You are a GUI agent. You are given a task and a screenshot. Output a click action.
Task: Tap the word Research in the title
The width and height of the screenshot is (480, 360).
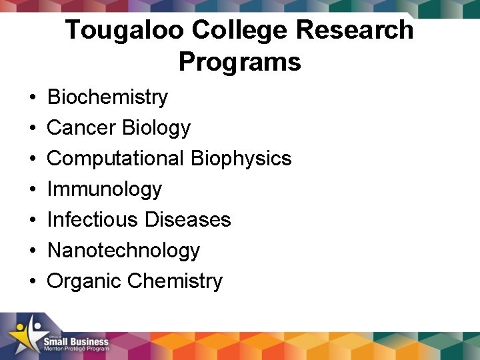pyautogui.click(x=351, y=30)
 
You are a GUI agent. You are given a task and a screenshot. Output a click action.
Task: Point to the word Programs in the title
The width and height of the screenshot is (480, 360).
pyautogui.click(x=240, y=63)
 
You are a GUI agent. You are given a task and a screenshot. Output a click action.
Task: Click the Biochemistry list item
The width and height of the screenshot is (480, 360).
pyautogui.click(x=107, y=97)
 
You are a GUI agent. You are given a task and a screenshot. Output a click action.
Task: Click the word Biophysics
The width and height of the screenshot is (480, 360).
pyautogui.click(x=241, y=159)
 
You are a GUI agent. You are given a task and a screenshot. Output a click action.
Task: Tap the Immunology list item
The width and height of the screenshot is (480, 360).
pyautogui.click(x=104, y=189)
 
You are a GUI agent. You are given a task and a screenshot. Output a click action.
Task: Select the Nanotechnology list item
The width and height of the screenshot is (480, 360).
pyautogui.click(x=123, y=251)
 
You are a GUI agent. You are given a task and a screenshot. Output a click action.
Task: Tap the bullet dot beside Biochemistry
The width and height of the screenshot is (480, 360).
pyautogui.click(x=33, y=98)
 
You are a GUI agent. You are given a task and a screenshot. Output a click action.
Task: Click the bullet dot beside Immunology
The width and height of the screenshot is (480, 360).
pyautogui.click(x=33, y=190)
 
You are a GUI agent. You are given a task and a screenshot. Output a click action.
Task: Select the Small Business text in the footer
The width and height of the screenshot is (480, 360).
pyautogui.click(x=76, y=342)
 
